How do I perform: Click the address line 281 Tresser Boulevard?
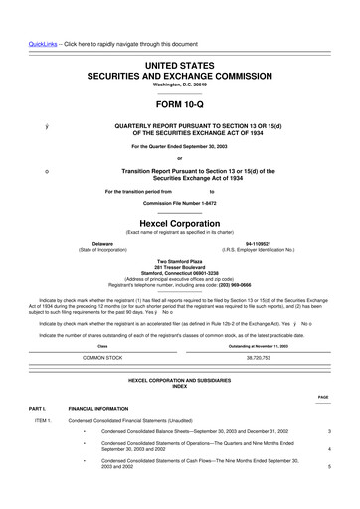coord(180,265)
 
